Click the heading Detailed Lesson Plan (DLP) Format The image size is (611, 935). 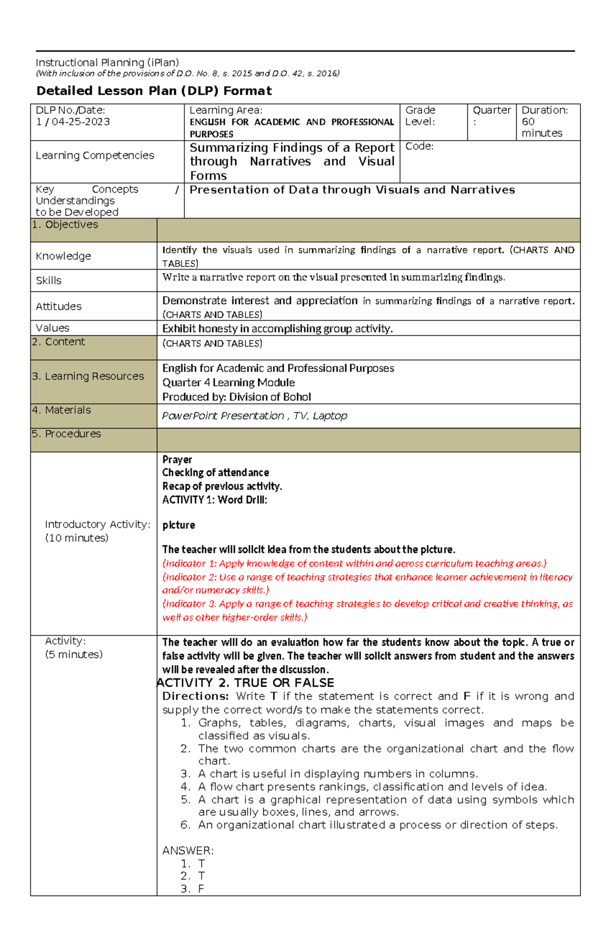click(x=154, y=91)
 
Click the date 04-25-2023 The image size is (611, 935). click(x=80, y=122)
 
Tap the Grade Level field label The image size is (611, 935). click(x=420, y=116)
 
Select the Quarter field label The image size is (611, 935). click(x=491, y=111)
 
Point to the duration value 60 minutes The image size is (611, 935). click(x=542, y=127)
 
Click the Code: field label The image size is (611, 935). click(x=419, y=147)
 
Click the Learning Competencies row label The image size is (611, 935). click(x=95, y=155)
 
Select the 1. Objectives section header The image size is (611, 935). click(x=65, y=225)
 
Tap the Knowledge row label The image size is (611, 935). click(x=63, y=256)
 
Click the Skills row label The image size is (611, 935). click(x=48, y=281)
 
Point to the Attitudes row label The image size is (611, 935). click(x=59, y=306)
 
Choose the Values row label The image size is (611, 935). click(x=52, y=328)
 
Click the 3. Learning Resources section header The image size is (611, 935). click(x=88, y=377)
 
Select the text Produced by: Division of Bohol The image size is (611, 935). click(x=236, y=397)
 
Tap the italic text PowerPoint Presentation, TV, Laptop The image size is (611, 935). click(x=254, y=416)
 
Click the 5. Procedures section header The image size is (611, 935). click(x=66, y=434)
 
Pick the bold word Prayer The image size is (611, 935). click(x=177, y=460)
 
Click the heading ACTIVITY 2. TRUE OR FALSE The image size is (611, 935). click(x=246, y=683)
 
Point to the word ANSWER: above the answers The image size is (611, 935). click(x=187, y=851)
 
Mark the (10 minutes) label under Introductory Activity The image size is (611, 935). click(x=76, y=538)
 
